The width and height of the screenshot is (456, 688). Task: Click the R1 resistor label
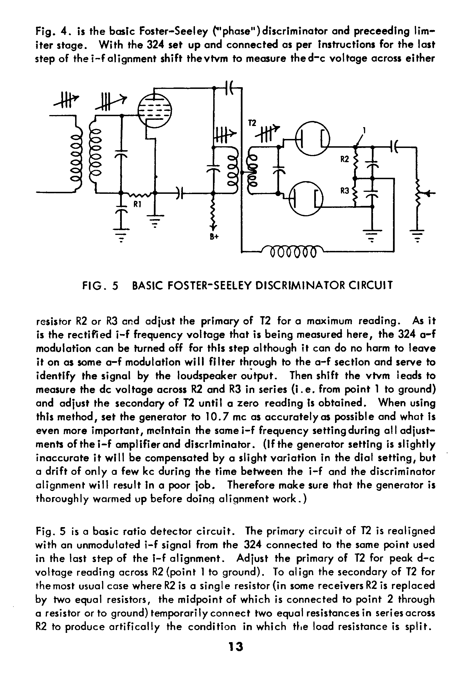137,204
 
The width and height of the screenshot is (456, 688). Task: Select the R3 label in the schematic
345,191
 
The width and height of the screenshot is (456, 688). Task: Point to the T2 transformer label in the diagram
252,123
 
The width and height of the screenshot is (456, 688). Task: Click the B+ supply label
214,237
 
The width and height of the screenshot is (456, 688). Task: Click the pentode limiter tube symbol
154,111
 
